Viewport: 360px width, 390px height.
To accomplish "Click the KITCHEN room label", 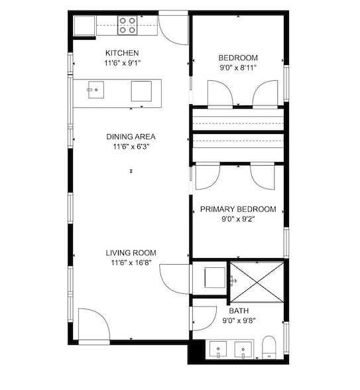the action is [x=122, y=53].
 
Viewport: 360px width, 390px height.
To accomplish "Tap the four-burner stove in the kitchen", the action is [x=127, y=25].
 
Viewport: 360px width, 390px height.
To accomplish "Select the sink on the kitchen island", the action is [x=96, y=90].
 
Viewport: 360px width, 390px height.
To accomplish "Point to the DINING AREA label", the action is [x=131, y=137].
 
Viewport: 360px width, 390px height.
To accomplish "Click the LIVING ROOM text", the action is [x=131, y=253].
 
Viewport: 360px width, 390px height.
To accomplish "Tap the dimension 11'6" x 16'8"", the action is [x=131, y=263].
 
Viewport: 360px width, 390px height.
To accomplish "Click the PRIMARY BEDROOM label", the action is [x=238, y=209].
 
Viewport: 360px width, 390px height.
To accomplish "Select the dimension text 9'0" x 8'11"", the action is [x=238, y=68].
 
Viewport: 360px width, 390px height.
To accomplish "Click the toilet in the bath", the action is [x=269, y=348].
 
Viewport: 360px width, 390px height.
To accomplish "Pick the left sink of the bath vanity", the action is [x=218, y=349].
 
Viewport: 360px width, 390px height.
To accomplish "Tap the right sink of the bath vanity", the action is [x=243, y=350].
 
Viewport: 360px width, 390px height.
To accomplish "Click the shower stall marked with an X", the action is [x=257, y=282].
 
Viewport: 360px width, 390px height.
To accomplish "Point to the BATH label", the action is [x=239, y=310].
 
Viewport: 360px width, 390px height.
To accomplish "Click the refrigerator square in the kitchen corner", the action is [x=85, y=26].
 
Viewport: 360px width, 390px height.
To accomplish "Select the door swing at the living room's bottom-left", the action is [x=94, y=324].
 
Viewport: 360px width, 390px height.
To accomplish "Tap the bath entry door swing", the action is [x=204, y=318].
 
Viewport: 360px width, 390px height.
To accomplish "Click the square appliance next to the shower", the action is [x=215, y=277].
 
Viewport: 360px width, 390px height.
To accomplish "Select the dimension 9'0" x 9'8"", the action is [x=239, y=320].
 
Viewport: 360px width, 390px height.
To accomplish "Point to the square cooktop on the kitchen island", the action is [x=141, y=91].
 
